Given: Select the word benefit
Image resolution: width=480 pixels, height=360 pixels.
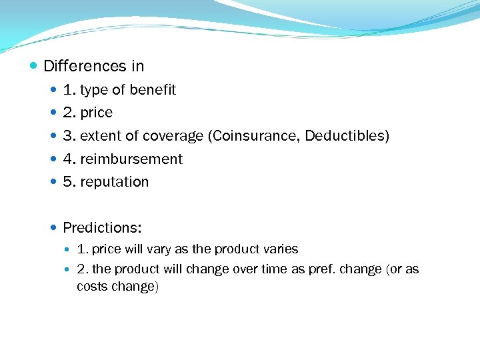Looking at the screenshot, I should tap(152, 90).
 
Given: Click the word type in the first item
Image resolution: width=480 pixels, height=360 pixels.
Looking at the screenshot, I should tap(94, 90).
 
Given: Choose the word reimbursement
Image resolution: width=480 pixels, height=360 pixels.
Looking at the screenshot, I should tap(131, 159).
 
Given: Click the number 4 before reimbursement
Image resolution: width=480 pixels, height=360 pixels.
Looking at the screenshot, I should tap(67, 159).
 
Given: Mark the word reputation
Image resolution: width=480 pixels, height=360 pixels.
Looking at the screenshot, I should tap(115, 182).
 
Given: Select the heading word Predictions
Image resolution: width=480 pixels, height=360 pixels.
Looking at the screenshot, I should tap(102, 228).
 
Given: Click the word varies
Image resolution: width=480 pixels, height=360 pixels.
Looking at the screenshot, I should tap(280, 249).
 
